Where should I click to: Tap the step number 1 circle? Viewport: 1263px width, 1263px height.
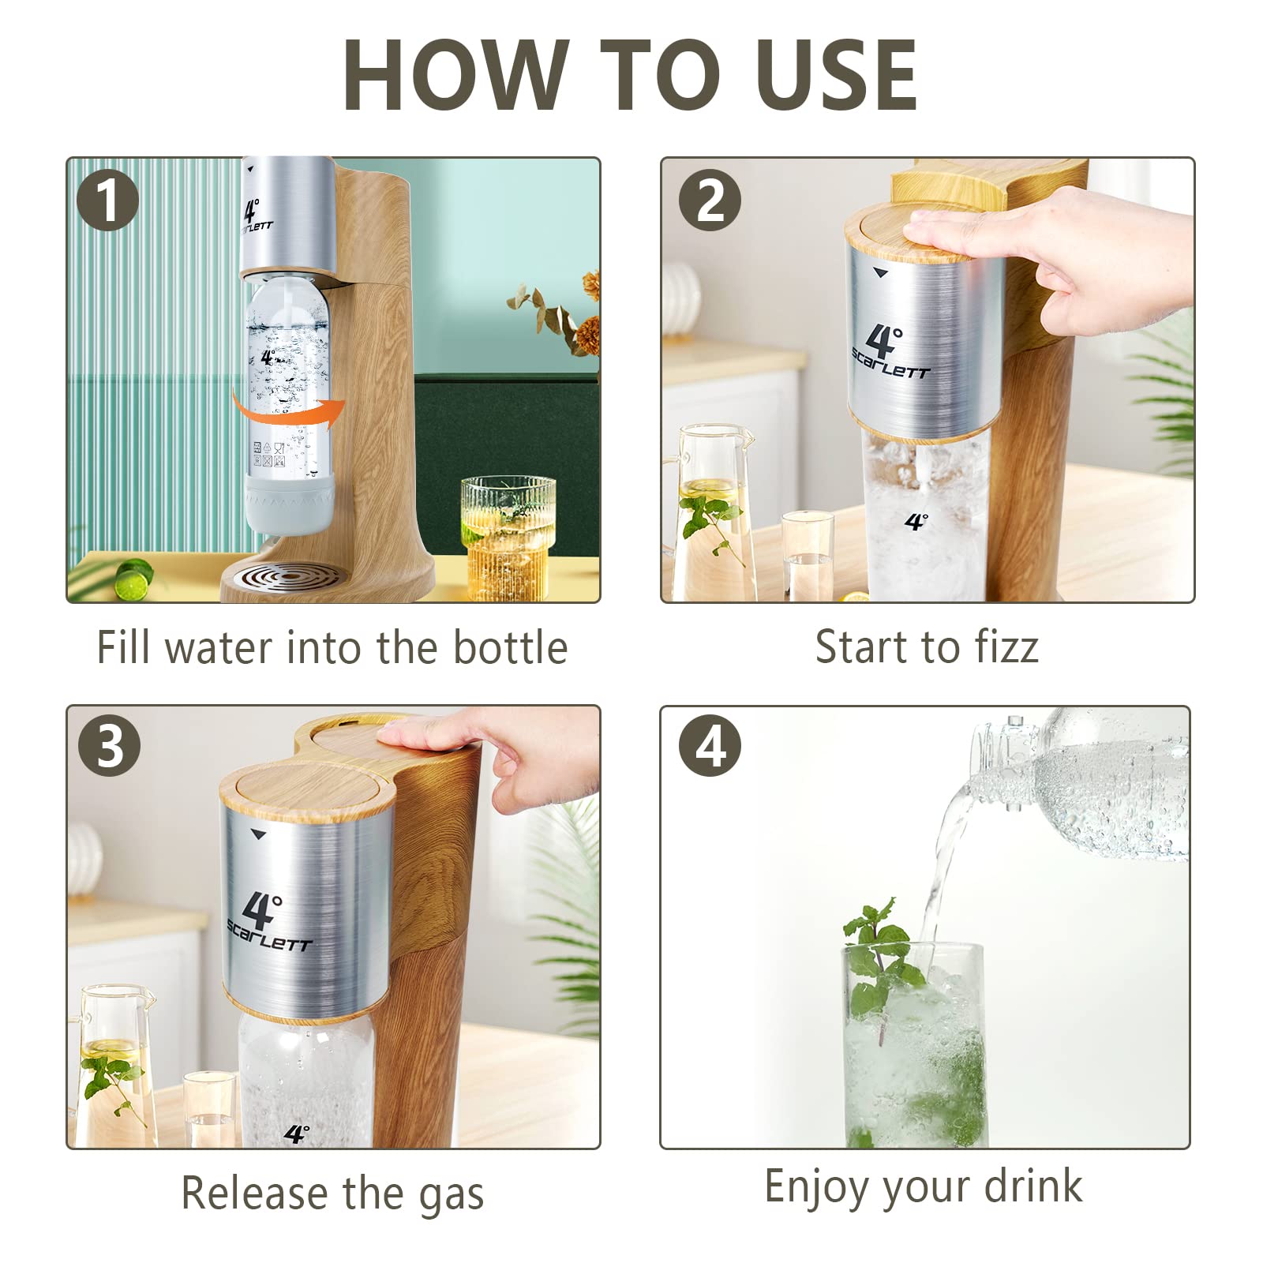click(108, 201)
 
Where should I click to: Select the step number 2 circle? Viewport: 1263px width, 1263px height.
click(710, 201)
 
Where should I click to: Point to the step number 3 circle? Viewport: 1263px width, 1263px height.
click(110, 746)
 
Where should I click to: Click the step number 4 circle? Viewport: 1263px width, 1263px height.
click(710, 746)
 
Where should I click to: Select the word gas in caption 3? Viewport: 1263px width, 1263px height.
click(451, 1194)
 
